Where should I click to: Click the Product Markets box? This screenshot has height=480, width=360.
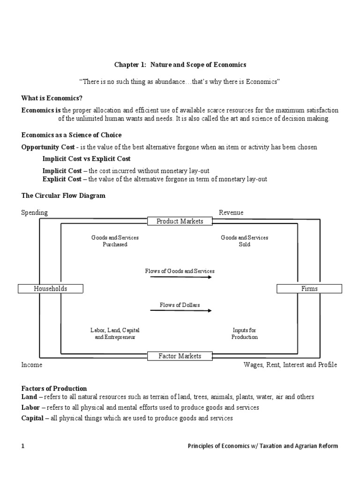click(180, 221)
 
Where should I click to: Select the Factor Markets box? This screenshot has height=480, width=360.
click(180, 356)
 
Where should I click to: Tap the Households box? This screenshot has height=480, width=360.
click(51, 289)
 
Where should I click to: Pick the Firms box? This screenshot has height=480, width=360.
click(309, 289)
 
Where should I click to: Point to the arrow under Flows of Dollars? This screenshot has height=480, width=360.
click(180, 311)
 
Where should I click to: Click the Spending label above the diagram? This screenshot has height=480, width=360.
click(34, 212)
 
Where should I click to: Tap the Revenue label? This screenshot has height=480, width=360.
click(231, 212)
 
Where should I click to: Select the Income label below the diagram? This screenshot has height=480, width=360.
click(31, 365)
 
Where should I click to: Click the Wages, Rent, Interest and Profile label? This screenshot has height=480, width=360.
click(290, 365)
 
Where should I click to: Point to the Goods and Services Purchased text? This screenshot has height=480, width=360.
click(115, 241)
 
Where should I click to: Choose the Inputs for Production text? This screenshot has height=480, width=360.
click(245, 334)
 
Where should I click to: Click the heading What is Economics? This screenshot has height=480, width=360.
click(52, 98)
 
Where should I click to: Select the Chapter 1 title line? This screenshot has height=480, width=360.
click(180, 64)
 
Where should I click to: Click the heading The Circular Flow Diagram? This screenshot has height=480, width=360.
click(63, 195)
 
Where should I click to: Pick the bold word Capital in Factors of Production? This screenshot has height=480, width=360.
click(32, 418)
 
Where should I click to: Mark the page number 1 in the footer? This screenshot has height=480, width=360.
click(22, 446)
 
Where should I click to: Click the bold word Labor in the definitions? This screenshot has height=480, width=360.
click(30, 407)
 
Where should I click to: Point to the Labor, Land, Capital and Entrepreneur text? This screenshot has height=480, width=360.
click(115, 334)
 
